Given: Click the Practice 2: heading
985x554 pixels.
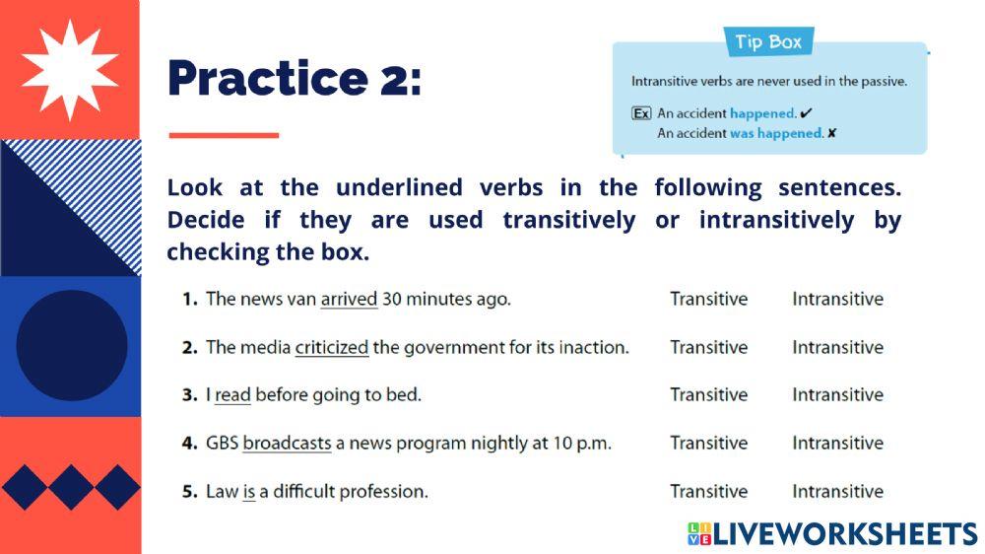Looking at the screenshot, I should [294, 79].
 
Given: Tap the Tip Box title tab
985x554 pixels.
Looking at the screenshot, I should [768, 42].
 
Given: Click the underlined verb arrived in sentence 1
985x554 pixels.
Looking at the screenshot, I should [349, 299].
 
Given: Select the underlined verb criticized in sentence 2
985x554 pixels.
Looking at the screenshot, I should [331, 347].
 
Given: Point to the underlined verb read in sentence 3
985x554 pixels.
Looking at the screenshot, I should [232, 395].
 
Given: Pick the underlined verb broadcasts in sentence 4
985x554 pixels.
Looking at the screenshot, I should [287, 444].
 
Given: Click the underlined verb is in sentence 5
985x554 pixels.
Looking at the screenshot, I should [248, 491].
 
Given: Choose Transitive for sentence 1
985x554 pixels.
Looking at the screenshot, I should [708, 299].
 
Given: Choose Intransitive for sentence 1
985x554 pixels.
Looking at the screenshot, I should [837, 299].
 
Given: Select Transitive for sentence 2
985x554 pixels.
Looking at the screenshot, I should [708, 347].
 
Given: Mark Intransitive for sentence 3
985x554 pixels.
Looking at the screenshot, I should [837, 395].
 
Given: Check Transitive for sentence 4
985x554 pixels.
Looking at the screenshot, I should [708, 444].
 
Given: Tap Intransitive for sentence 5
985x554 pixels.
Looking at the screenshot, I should [837, 491].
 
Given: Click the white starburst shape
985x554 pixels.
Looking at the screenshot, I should [69, 69].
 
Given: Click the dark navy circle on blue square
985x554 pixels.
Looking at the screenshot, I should [71, 345].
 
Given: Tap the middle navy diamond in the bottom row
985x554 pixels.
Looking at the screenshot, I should [71, 487].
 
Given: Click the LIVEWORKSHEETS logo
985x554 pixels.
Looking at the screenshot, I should [832, 533].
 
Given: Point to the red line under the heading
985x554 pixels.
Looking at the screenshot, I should [224, 135].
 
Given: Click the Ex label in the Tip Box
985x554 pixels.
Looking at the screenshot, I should [641, 113].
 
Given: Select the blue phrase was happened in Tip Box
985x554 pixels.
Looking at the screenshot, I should [775, 133].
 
